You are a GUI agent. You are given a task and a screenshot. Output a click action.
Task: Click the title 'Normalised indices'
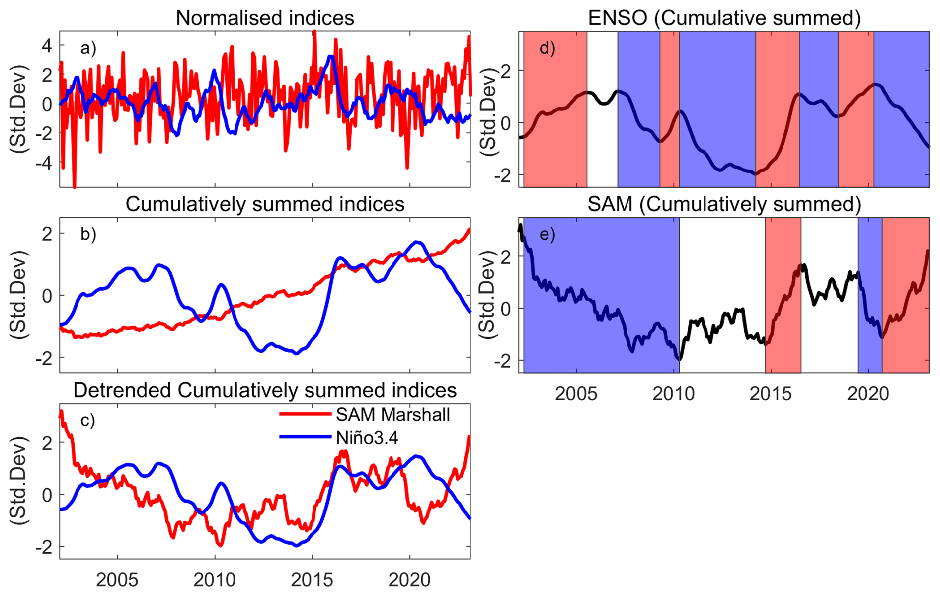point(265,18)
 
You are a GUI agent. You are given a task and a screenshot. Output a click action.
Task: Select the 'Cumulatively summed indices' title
point(265,204)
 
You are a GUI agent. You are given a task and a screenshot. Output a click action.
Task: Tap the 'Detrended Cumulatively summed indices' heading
point(265,391)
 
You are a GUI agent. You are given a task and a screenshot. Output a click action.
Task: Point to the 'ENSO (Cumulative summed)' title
point(724,18)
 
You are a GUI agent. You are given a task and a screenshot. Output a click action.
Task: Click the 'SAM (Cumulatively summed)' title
point(724,204)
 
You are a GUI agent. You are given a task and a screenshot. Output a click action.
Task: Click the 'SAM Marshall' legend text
point(392,415)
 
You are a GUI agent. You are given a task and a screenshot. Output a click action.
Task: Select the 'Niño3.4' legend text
point(367,438)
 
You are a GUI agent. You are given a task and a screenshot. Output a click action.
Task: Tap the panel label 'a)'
point(88,48)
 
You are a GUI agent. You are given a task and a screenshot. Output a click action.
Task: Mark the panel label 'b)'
point(88,234)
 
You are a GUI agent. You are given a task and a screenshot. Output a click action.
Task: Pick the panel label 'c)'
point(87,421)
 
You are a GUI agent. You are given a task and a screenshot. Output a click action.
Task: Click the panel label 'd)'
point(548,48)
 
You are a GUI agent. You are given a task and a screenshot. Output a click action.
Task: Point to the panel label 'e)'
point(548,234)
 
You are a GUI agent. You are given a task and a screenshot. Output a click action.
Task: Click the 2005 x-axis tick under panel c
point(117,580)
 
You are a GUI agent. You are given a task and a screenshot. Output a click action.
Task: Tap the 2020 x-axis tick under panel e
point(868,394)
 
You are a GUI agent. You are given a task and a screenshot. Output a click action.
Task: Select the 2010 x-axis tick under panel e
point(674,394)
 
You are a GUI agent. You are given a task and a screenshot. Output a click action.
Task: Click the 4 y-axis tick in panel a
point(47,46)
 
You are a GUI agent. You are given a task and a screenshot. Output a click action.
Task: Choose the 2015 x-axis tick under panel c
point(312,580)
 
